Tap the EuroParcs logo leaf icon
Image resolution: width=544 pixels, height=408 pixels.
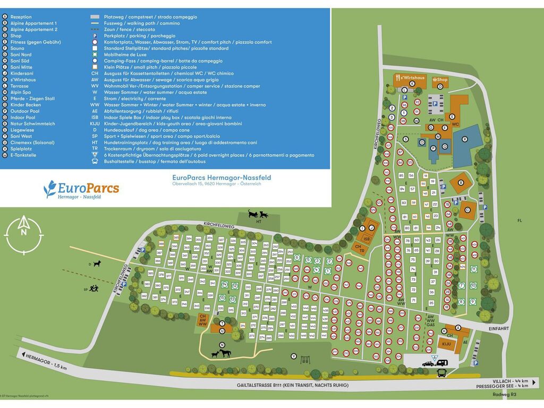[x=50, y=189]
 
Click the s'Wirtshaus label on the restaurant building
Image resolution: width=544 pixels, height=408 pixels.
[x=413, y=78]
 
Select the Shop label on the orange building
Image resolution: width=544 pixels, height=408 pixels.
[x=443, y=80]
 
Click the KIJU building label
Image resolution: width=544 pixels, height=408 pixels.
[x=446, y=344]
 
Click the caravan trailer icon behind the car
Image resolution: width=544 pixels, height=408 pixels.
[x=441, y=363]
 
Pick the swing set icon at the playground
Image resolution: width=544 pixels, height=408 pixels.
[x=305, y=359]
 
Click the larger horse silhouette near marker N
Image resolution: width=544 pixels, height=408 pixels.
[x=226, y=353]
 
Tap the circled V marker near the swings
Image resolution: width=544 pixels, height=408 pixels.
[x=293, y=356]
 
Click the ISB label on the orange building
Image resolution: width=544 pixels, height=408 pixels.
[x=367, y=239]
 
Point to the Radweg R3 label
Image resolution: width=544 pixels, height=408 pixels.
[x=505, y=394]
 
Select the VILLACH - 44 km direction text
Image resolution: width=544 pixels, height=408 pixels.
[x=510, y=381]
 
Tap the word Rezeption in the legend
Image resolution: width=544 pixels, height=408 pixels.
[x=21, y=17]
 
